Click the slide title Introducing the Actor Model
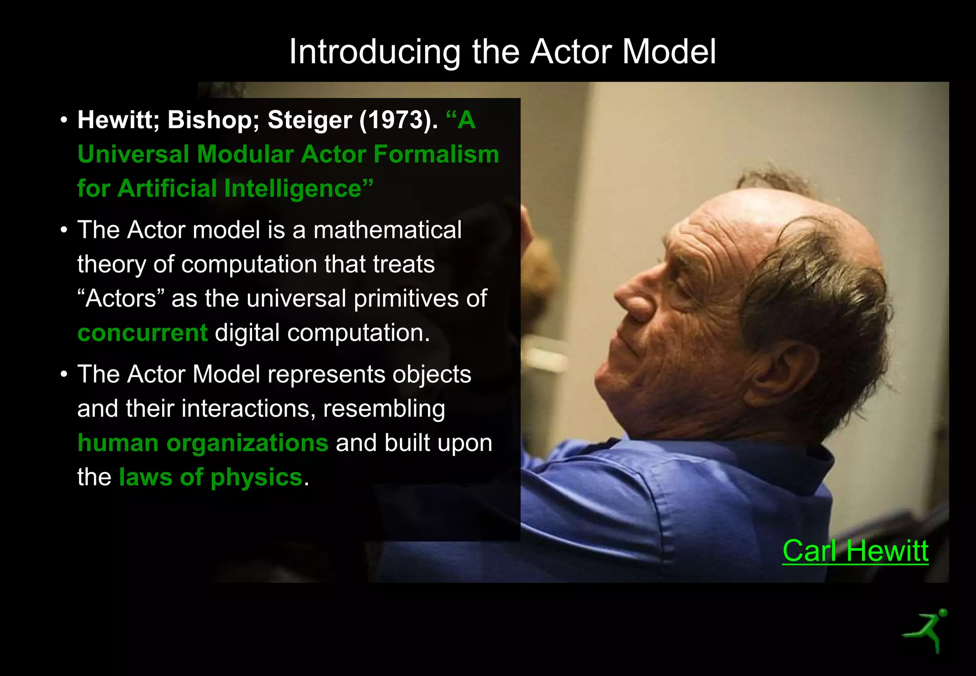pyautogui.click(x=502, y=51)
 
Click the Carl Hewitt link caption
pyautogui.click(x=855, y=551)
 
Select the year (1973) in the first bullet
pyautogui.click(x=398, y=120)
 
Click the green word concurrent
pyautogui.click(x=142, y=333)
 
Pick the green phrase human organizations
pyautogui.click(x=203, y=443)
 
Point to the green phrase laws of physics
pyautogui.click(x=211, y=477)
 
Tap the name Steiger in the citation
pyautogui.click(x=310, y=120)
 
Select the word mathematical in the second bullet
pyautogui.click(x=387, y=230)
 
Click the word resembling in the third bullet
pyautogui.click(x=384, y=409)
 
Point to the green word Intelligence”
pyautogui.click(x=299, y=189)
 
